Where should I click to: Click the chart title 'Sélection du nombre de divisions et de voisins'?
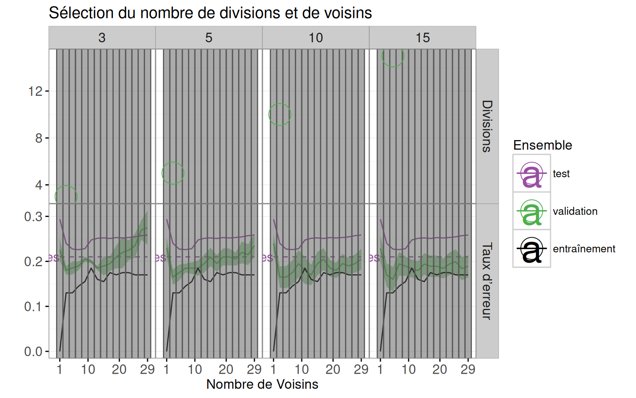click(210, 13)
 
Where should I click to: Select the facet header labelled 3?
click(102, 38)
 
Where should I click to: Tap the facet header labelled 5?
click(209, 38)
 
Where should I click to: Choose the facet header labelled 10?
click(316, 38)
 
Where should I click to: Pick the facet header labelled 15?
click(423, 38)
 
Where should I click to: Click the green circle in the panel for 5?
click(173, 173)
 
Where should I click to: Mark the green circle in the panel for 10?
click(280, 115)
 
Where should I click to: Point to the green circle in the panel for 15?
click(393, 56)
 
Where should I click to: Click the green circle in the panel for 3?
click(66, 197)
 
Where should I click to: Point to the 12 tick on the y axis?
click(35, 92)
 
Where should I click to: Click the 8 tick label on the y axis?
click(39, 139)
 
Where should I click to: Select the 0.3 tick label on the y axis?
click(33, 217)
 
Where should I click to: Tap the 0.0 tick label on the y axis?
click(33, 352)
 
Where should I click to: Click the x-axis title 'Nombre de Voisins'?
click(262, 384)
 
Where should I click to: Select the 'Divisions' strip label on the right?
click(487, 126)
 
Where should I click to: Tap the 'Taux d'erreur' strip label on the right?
click(487, 281)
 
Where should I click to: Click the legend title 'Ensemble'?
click(543, 145)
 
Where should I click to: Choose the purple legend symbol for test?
click(531, 174)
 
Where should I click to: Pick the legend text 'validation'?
click(575, 211)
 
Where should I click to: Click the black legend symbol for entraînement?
click(531, 249)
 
